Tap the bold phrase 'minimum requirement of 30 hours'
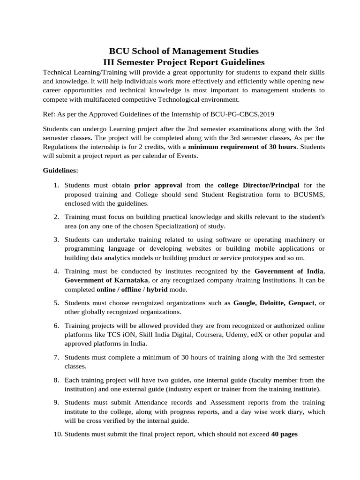(242, 147)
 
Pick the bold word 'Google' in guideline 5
(244, 303)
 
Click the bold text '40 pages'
(285, 434)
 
